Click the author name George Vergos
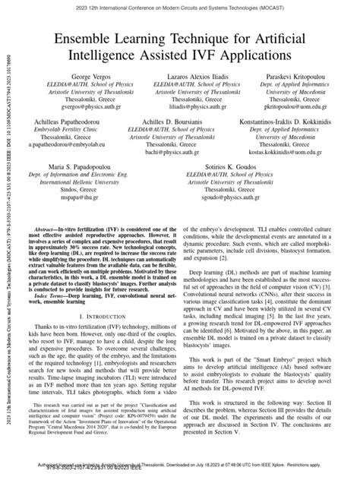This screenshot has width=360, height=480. pyautogui.click(x=76, y=78)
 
